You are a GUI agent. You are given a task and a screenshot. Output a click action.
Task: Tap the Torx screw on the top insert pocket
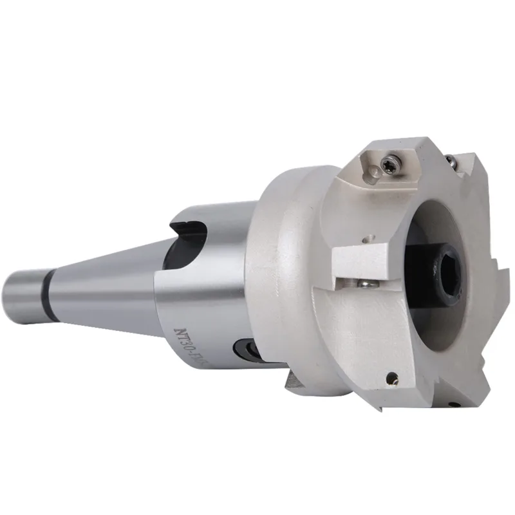pos(388,166)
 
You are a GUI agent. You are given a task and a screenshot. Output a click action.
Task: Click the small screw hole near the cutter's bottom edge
pos(392,380)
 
